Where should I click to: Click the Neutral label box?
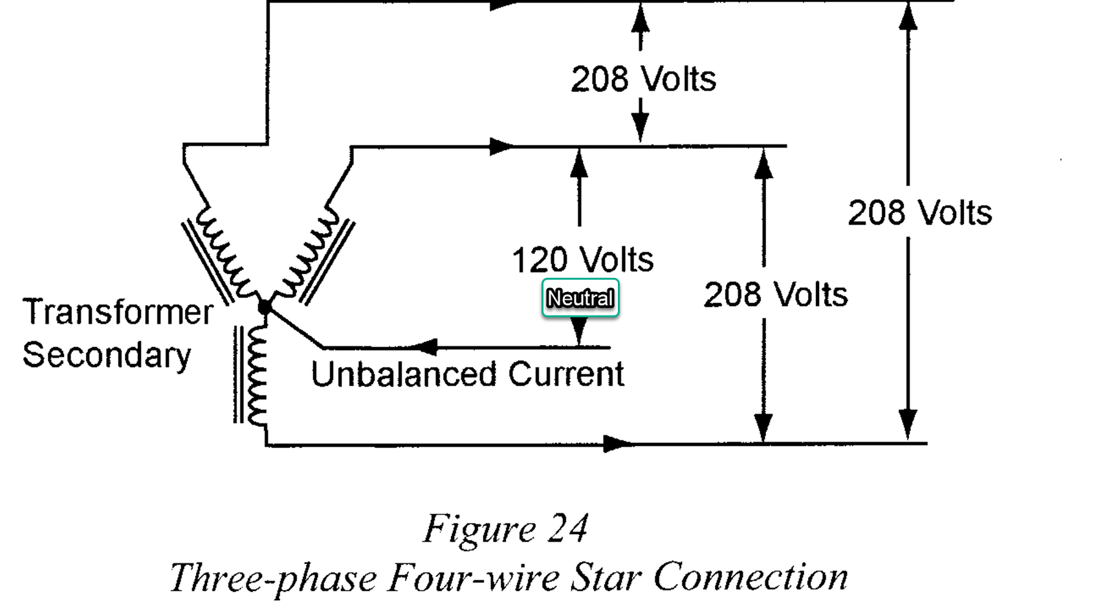(580, 298)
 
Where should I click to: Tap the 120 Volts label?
(582, 260)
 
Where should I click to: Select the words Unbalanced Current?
(467, 374)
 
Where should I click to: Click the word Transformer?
(118, 312)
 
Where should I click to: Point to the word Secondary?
(107, 355)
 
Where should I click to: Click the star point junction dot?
(265, 307)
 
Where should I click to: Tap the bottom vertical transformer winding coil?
(257, 374)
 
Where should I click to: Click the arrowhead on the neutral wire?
(425, 347)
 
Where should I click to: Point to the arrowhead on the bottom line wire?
(617, 444)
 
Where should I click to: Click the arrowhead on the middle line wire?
(501, 146)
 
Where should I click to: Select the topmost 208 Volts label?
(643, 79)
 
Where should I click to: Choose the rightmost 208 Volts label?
(919, 212)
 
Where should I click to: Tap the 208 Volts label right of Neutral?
(775, 295)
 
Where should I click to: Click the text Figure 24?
(505, 529)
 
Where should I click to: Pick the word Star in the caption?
(606, 577)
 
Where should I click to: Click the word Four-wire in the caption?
(473, 577)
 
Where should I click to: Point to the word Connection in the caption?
(751, 577)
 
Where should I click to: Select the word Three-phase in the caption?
(273, 577)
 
